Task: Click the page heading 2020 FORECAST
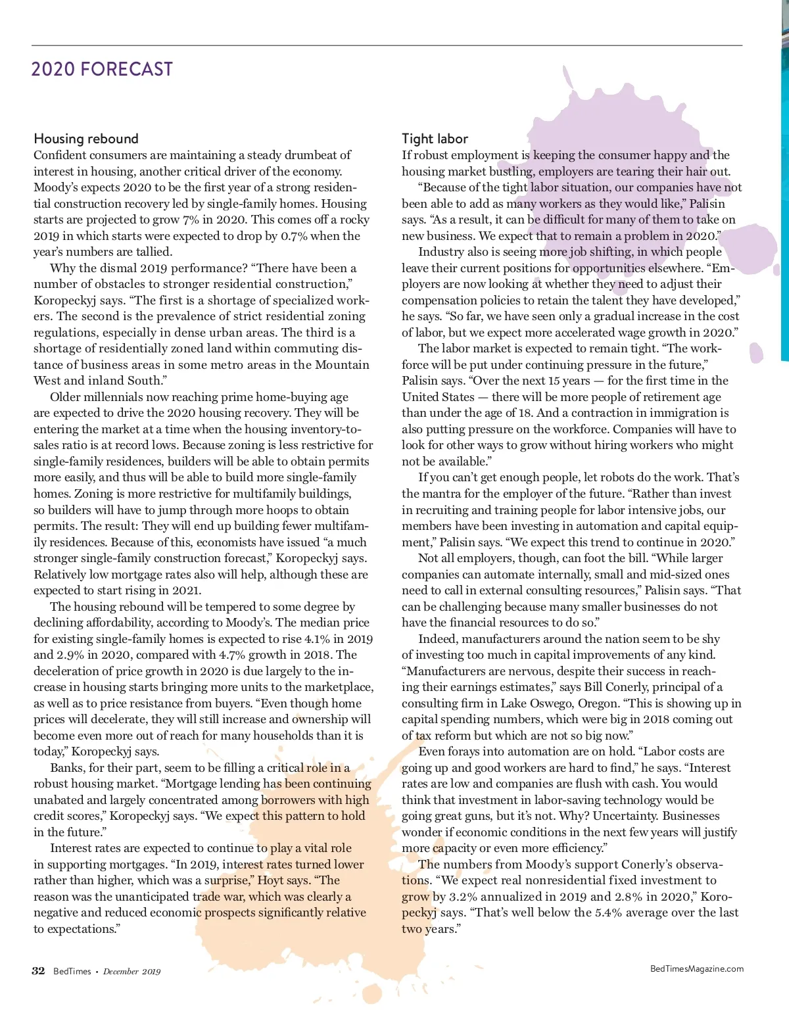pyautogui.click(x=102, y=69)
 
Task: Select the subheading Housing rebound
pyautogui.click(x=86, y=139)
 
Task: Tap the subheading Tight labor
pyautogui.click(x=435, y=139)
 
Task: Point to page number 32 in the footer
pyautogui.click(x=38, y=971)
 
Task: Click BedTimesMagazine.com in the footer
pyautogui.click(x=697, y=968)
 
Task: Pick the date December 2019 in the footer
pyautogui.click(x=131, y=972)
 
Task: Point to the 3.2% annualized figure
pyautogui.click(x=463, y=897)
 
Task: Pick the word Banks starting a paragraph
pyautogui.click(x=66, y=768)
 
